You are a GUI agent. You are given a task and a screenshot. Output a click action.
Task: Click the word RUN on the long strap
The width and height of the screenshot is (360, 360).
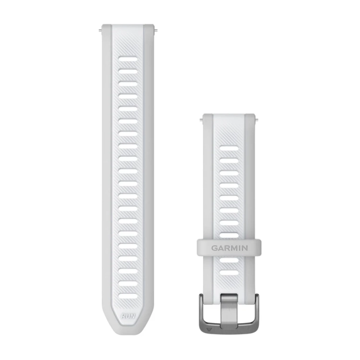coord(128,315)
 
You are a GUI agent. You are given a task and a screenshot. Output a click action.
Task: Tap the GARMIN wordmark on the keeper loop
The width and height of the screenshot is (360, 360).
coord(228,248)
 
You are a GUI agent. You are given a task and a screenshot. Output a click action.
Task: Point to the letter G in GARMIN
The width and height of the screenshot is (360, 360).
coord(212,248)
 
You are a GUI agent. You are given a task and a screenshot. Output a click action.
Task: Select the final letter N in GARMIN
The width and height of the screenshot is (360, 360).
coord(245,248)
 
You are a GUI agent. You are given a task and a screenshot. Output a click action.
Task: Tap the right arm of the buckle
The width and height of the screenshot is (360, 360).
coord(255,312)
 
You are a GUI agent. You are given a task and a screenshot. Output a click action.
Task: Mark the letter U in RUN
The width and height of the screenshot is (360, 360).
coord(128,315)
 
